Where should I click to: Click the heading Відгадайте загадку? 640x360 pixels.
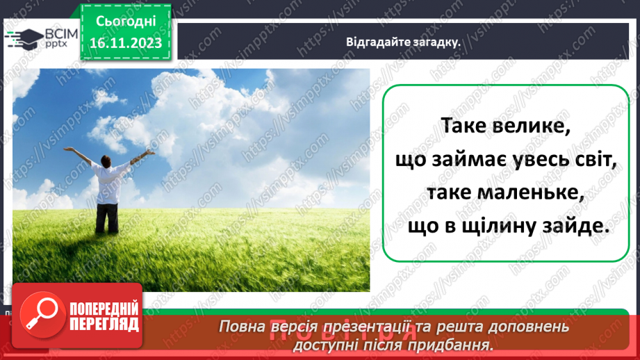coord(404,42)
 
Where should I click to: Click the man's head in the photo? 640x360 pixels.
coord(105,160)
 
